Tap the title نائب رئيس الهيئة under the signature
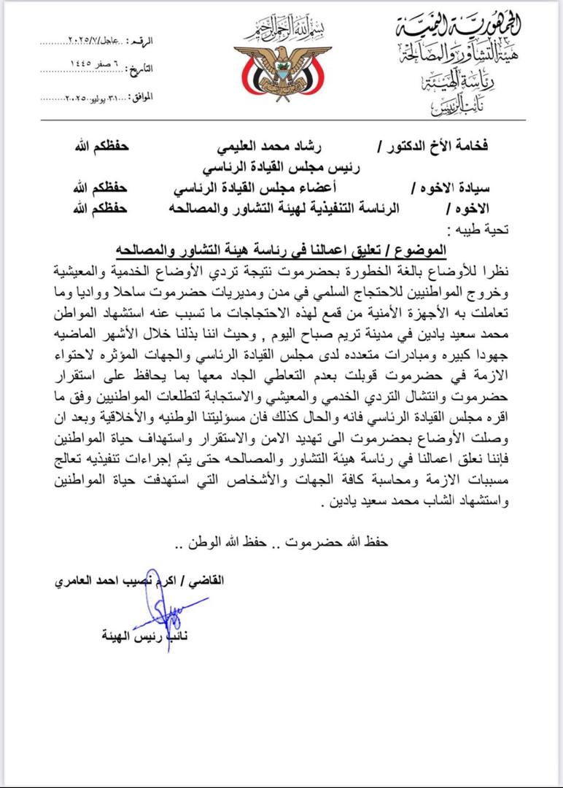point(144,636)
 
